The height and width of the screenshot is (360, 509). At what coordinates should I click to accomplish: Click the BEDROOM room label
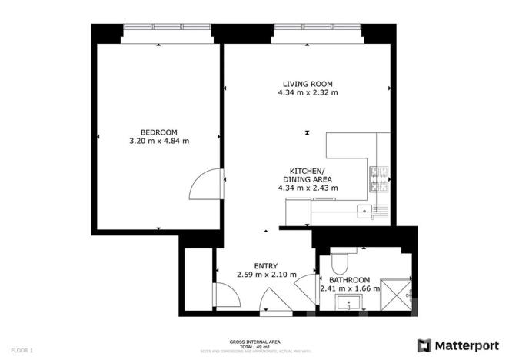tap(159, 131)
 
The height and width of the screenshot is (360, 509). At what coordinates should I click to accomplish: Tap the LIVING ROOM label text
tap(308, 84)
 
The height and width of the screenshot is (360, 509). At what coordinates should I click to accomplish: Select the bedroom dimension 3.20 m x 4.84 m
tap(159, 140)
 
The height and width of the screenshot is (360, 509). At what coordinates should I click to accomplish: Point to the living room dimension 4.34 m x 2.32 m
tap(308, 93)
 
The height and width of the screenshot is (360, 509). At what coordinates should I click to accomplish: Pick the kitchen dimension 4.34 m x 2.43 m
tap(308, 187)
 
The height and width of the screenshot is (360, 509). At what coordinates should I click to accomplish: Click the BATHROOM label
tap(349, 280)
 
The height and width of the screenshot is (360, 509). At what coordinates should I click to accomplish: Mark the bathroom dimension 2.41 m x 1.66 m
tap(349, 289)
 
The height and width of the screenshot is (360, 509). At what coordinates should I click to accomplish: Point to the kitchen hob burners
tap(379, 179)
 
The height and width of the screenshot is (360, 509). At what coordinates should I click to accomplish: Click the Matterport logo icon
tap(424, 345)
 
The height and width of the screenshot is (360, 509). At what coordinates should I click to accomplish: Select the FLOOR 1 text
tap(21, 350)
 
